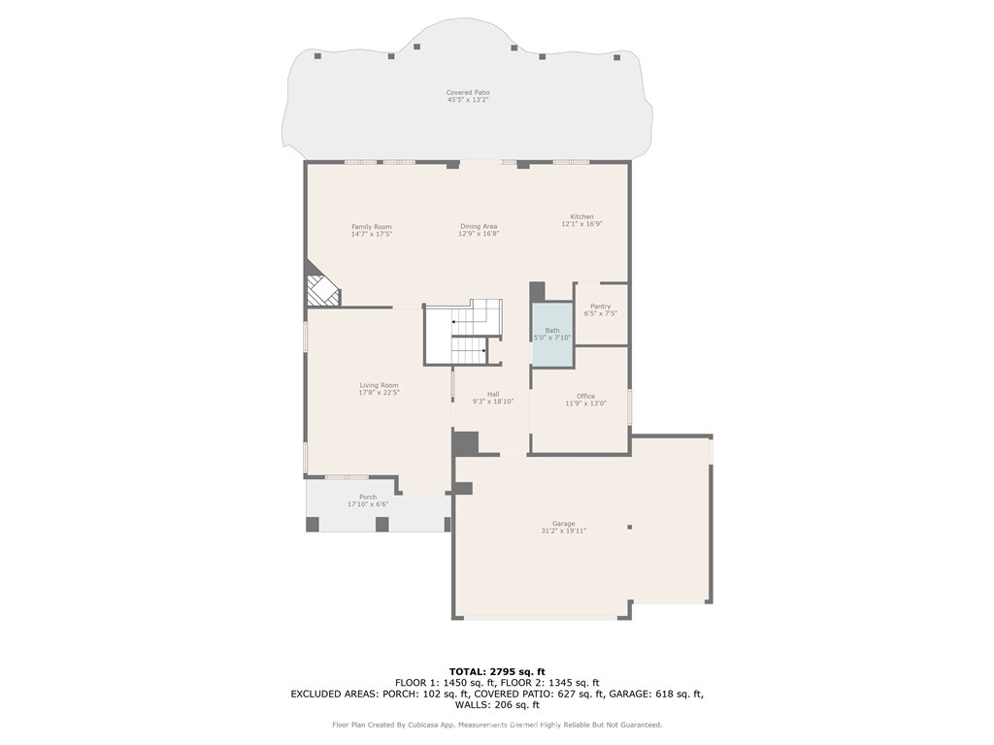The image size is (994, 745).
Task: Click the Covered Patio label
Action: [468, 92]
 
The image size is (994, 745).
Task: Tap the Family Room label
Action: [372, 227]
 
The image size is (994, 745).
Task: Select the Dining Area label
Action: [479, 226]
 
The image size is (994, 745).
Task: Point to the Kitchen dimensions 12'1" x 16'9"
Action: [582, 224]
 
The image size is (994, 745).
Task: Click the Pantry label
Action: [600, 306]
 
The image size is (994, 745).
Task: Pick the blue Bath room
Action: [552, 335]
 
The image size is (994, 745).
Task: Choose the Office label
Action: [585, 396]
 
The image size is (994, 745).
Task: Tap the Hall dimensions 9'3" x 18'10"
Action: [493, 402]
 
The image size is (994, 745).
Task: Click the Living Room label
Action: [380, 385]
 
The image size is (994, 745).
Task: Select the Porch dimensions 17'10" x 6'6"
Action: [368, 504]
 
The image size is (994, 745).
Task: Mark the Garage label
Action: [564, 524]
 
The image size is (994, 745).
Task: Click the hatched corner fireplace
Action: [323, 291]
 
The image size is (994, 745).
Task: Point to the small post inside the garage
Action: [629, 527]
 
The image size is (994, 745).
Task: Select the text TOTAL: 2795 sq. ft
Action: [497, 671]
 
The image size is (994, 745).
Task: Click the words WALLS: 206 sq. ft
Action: [497, 704]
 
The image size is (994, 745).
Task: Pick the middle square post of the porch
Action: [381, 525]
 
